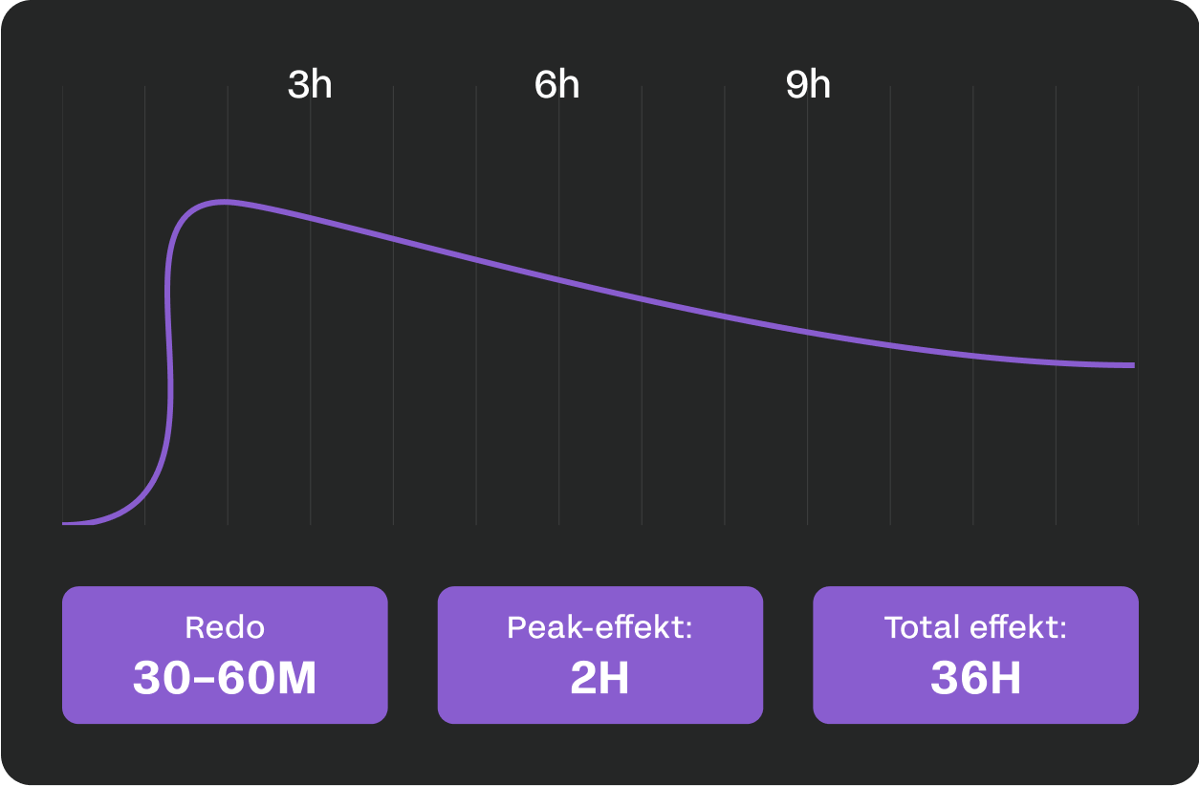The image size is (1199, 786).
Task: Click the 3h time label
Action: tap(310, 85)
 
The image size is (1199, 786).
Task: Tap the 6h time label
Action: tap(556, 85)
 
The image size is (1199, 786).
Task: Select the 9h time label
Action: tap(808, 85)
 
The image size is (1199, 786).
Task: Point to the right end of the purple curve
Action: tap(1133, 365)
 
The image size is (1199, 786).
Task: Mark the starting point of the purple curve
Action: tap(64, 523)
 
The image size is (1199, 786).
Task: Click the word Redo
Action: tap(225, 628)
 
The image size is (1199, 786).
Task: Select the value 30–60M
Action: tap(225, 678)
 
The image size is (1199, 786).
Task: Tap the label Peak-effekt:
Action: tap(599, 628)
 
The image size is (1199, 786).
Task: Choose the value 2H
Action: tap(599, 678)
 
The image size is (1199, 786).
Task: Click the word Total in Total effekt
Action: tap(921, 628)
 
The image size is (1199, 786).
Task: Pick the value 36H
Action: tap(975, 678)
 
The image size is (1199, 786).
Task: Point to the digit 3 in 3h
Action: tap(298, 85)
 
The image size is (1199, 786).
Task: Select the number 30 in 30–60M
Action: tap(162, 678)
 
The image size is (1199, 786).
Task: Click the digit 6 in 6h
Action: tap(545, 85)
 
